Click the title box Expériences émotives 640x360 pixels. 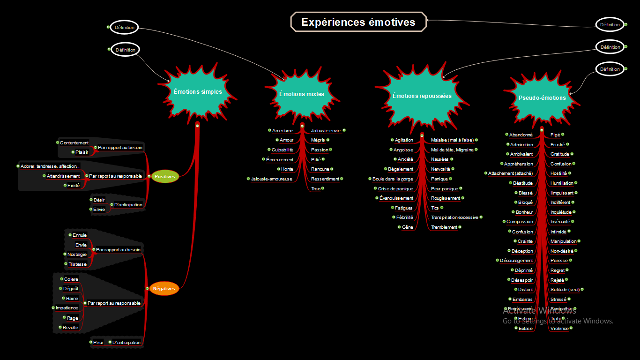[358, 22]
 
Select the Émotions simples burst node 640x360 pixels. [198, 92]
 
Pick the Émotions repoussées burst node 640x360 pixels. [422, 96]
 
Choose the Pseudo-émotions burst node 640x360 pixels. [542, 97]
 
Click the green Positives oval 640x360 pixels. [164, 177]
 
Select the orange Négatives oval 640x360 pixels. [164, 289]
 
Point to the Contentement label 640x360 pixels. [74, 142]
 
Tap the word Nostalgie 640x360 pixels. [77, 254]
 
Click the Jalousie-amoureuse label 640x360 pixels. [271, 179]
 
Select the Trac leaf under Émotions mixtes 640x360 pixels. [316, 188]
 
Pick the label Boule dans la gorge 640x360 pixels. [393, 179]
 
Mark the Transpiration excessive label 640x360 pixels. [454, 217]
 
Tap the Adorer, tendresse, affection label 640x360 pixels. [50, 166]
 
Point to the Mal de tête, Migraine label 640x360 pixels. [452, 150]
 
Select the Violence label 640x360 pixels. [559, 329]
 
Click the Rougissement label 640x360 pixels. [446, 198]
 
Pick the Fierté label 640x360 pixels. [74, 185]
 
